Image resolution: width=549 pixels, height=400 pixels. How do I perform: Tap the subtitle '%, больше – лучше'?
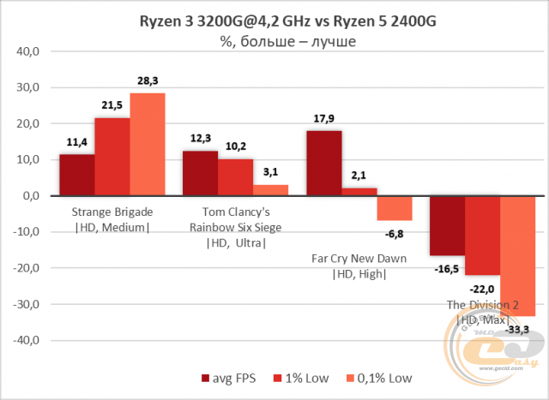point(274,39)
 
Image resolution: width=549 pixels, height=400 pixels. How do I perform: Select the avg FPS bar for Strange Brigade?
point(76,175)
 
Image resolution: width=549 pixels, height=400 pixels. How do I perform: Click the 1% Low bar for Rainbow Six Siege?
point(235,177)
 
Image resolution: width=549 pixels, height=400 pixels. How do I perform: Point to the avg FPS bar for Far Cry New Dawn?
point(323,163)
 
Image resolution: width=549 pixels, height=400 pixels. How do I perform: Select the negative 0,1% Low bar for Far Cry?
point(395,208)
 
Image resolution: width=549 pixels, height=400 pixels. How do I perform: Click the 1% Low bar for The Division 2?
point(482,235)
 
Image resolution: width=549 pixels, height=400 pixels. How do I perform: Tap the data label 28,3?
point(147,82)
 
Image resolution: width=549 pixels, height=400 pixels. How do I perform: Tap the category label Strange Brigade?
point(112,211)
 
